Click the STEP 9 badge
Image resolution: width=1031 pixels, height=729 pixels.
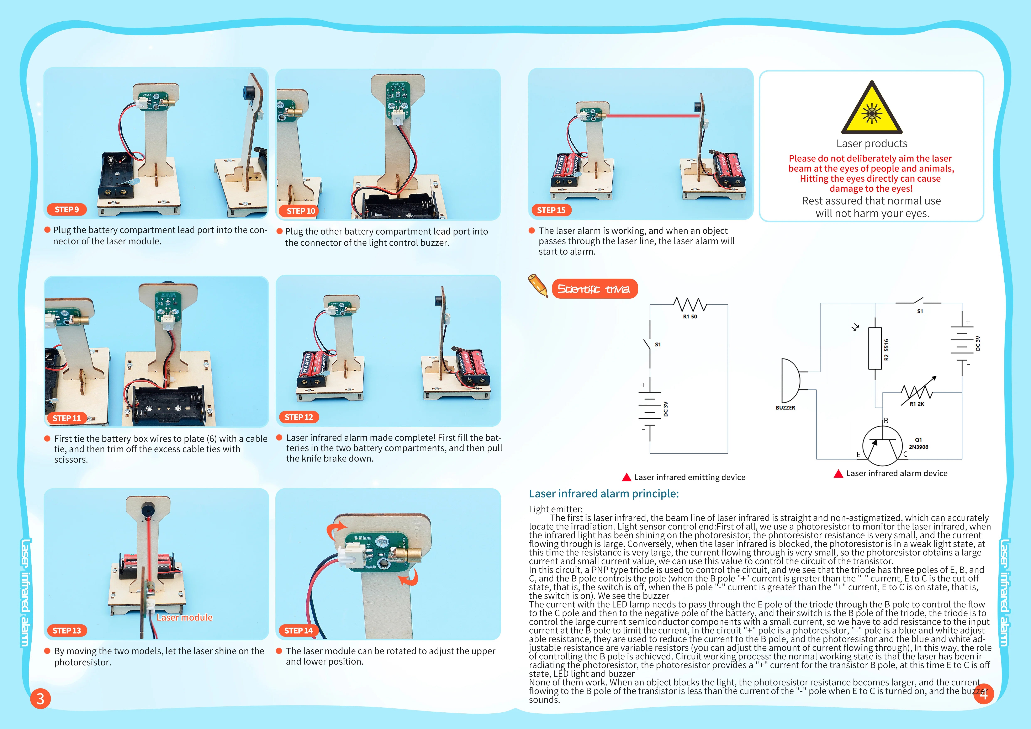[x=67, y=209]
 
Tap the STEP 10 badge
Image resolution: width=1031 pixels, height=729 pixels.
[x=300, y=211]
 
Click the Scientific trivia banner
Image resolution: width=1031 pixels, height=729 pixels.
[x=594, y=289]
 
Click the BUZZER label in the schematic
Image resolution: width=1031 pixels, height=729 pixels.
[x=785, y=408]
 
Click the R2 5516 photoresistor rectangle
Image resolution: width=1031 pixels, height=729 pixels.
[x=875, y=348]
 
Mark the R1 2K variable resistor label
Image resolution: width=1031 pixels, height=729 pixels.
[x=916, y=404]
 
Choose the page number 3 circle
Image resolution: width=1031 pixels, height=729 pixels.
[x=40, y=698]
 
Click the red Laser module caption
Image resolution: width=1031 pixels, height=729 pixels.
[x=184, y=617]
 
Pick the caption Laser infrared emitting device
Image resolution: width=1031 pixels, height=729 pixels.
[x=689, y=477]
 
